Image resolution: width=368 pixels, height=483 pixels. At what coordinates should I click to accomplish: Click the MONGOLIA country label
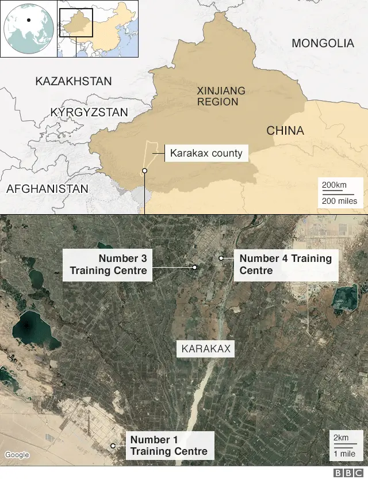323,43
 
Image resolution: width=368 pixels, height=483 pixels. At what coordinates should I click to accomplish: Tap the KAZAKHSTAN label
74,81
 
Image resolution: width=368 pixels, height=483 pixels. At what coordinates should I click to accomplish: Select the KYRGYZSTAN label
89,112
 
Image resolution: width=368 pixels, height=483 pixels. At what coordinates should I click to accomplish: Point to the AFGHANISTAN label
47,188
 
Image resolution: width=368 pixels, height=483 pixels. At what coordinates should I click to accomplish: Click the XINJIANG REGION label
220,96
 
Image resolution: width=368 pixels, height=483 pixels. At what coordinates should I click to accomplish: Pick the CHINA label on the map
285,131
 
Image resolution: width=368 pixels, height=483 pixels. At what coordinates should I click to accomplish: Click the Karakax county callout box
206,154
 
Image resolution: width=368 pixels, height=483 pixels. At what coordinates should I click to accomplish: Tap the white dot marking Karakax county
144,171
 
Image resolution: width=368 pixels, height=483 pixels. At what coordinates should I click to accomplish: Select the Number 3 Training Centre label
108,265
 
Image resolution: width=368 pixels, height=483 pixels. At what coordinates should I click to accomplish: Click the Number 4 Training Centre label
285,265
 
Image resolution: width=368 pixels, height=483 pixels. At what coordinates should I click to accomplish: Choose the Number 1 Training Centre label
168,446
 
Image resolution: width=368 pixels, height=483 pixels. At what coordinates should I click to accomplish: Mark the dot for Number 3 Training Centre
195,267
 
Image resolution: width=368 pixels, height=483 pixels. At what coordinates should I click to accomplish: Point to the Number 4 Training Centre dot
221,258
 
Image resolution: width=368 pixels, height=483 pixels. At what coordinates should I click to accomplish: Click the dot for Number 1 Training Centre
113,446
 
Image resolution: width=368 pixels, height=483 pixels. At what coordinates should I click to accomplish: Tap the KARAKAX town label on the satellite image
206,349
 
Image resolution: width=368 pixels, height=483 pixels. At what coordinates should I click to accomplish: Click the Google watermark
17,455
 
